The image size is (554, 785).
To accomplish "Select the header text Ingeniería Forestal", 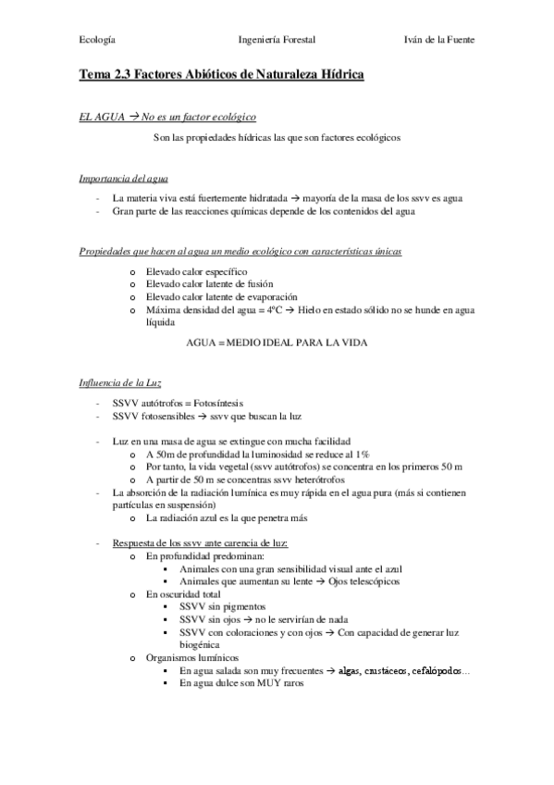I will pyautogui.click(x=277, y=41).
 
